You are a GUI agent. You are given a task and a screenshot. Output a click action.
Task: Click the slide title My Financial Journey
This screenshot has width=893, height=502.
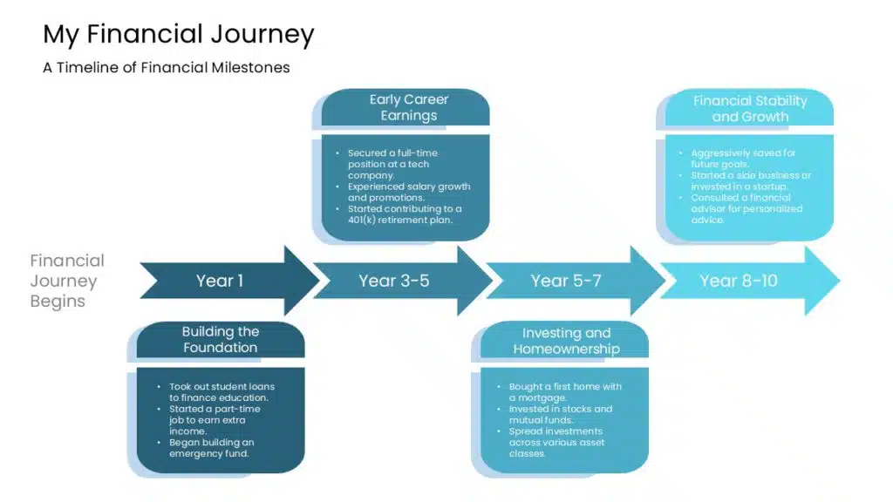pos(178,34)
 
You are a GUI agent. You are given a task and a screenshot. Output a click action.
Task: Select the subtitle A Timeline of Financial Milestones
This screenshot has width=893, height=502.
pos(166,67)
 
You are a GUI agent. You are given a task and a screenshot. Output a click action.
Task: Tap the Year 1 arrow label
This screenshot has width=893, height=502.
pos(220,281)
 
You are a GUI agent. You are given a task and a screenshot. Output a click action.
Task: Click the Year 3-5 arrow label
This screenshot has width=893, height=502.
pos(393,281)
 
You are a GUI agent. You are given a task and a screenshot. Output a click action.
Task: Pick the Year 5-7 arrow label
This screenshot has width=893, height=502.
pos(566,281)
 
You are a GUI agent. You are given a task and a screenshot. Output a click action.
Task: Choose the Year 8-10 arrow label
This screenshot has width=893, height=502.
pos(738,281)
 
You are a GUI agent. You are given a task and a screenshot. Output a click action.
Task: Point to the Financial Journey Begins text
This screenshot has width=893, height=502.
pos(67,281)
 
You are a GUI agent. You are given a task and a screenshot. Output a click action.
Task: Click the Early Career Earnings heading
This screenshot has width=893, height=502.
pos(408,108)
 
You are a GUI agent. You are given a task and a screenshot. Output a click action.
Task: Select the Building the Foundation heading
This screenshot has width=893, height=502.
pos(220,340)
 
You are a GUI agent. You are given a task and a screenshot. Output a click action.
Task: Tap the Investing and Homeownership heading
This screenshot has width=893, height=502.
pos(566,341)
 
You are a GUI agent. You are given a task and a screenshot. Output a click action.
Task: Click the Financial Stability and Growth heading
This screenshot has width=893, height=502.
pos(749,109)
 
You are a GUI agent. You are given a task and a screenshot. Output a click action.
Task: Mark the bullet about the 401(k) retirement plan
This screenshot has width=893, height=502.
pos(405,214)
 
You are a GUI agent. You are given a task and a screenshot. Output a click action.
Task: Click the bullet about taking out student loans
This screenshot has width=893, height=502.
pos(218,392)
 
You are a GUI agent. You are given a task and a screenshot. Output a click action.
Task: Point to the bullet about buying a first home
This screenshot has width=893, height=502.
pos(565,392)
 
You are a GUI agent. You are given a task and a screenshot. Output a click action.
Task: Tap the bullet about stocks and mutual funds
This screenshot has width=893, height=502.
pos(561,415)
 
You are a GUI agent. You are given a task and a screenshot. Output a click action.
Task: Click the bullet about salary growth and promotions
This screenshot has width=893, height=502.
pos(408,192)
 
